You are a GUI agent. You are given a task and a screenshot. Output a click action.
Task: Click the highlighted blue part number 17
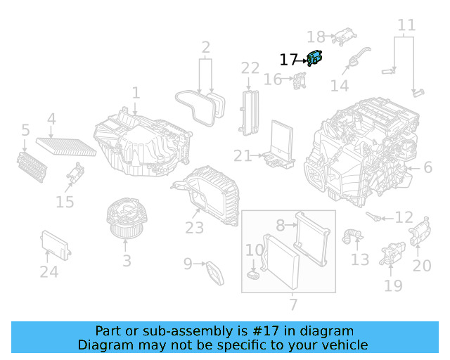[314, 59]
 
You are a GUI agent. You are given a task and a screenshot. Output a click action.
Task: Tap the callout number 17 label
[289, 60]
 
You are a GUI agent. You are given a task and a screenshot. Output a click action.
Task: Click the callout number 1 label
[136, 93]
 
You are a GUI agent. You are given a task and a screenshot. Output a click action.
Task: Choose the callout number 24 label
[49, 271]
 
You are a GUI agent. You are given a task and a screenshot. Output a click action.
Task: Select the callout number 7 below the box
[293, 305]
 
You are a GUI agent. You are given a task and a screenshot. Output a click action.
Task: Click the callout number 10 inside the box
[254, 250]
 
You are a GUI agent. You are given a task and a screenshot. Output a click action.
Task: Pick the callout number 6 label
[427, 167]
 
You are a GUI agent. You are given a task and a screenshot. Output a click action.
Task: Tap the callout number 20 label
[422, 266]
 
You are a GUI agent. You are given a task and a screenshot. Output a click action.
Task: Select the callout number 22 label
[251, 68]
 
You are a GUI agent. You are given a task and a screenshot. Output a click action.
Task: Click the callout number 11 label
[406, 26]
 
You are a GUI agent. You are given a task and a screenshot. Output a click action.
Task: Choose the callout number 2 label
[206, 48]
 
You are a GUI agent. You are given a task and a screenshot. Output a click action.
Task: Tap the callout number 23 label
[195, 228]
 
